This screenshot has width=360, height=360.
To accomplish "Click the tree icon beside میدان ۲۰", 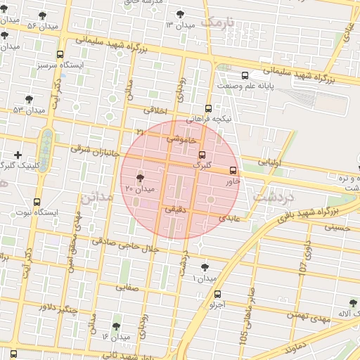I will (x=140, y=178).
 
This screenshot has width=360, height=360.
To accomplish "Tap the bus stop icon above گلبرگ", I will (x=202, y=155).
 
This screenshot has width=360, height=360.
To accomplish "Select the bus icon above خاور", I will (x=233, y=169).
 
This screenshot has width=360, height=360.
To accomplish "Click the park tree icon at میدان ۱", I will (x=205, y=267).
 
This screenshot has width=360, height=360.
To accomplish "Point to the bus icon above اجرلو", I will (x=217, y=295).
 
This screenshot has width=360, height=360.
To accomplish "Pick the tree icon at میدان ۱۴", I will (x=116, y=326).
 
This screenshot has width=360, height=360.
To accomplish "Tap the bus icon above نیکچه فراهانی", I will (x=208, y=108).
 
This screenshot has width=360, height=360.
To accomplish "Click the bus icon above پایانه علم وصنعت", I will (x=245, y=75).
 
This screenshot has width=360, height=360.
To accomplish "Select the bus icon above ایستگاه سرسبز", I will (x=59, y=53).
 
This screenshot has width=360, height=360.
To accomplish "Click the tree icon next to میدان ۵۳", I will (x=28, y=99).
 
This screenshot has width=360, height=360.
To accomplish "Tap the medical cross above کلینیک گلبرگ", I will (x=18, y=154).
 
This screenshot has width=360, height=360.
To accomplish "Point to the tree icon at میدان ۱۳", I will (x=181, y=13).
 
